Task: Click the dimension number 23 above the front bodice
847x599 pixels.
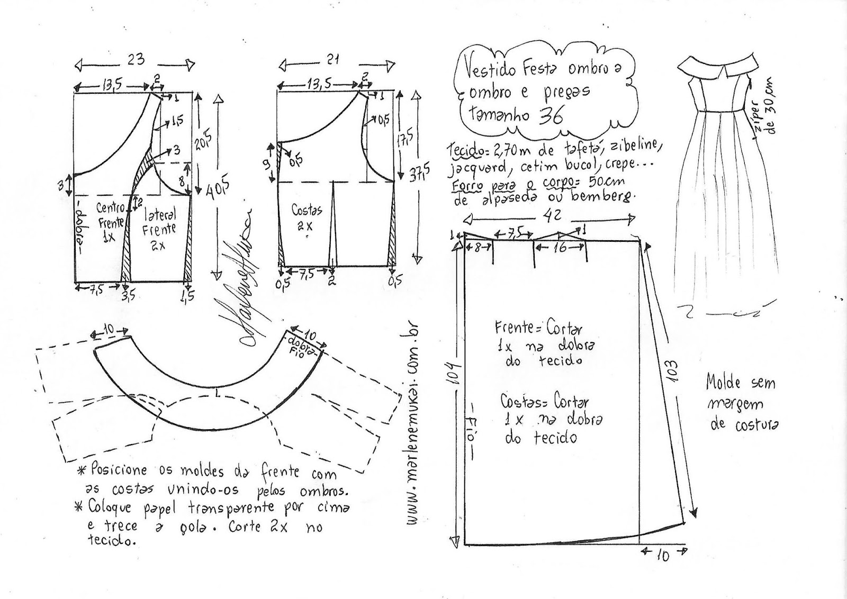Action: [136, 59]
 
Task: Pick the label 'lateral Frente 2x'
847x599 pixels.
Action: [159, 229]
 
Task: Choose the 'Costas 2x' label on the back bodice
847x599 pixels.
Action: [306, 217]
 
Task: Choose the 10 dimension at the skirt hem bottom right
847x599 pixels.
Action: [663, 556]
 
